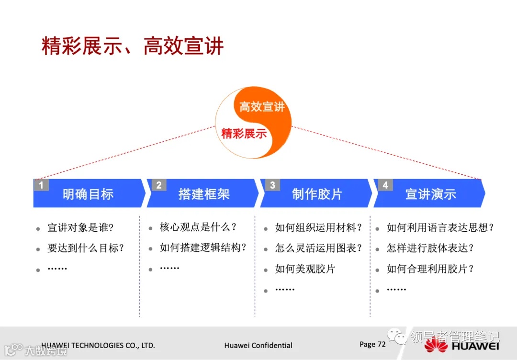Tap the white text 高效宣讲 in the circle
tap(262, 106)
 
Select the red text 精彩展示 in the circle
tap(244, 134)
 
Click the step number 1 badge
tap(41, 185)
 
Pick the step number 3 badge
tap(272, 185)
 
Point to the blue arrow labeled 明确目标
tap(88, 194)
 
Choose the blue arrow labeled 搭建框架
tap(204, 194)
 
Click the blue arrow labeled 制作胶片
tap(317, 194)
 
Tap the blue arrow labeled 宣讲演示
tap(430, 194)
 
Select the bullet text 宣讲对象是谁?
tap(80, 228)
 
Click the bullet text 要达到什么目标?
tap(86, 248)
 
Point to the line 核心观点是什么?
tap(198, 227)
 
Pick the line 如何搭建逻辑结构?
tap(203, 247)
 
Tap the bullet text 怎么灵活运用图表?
tap(319, 248)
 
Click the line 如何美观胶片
tap(305, 269)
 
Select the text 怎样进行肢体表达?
tap(430, 248)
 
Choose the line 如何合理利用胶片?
tap(430, 269)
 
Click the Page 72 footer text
tap(372, 344)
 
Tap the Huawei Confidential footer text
tap(258, 345)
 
